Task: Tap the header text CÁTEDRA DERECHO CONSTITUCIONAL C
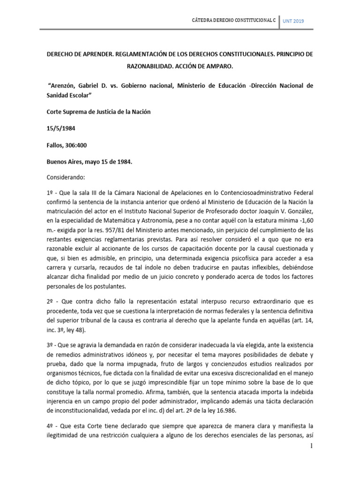[x=233, y=22]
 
